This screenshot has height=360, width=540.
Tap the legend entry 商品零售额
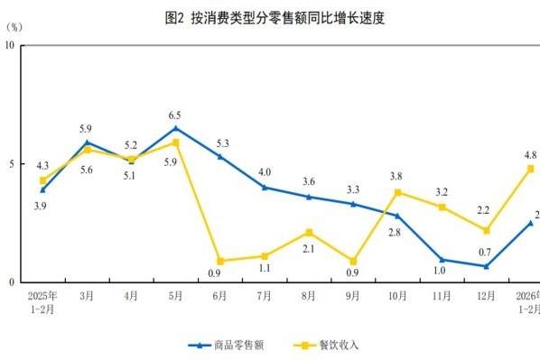click(x=227, y=345)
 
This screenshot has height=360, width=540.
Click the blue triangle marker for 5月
click(x=176, y=128)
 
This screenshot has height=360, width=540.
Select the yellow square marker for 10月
click(x=398, y=192)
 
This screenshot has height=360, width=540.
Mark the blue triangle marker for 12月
click(x=487, y=266)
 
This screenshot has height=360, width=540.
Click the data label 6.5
click(x=176, y=115)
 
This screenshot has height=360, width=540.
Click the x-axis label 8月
click(x=310, y=295)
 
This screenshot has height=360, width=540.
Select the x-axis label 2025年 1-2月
click(x=42, y=301)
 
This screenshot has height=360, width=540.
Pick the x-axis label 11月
click(x=442, y=295)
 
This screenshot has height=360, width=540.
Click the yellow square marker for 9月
click(x=354, y=261)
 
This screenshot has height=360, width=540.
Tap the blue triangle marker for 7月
click(x=265, y=188)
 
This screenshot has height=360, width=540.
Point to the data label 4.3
click(x=42, y=166)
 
